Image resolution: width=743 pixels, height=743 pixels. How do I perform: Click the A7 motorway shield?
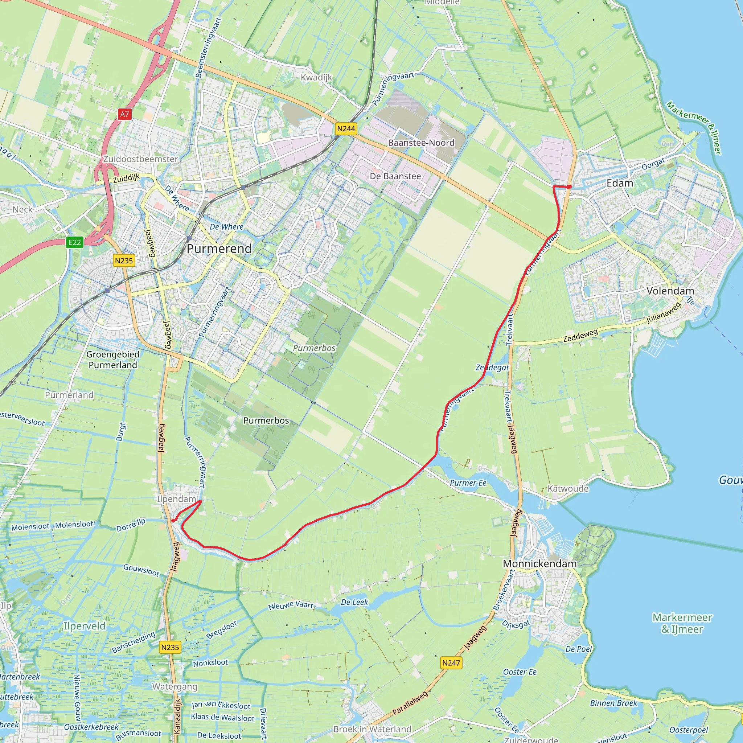124,114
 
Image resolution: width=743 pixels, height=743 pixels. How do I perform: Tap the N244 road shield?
346,128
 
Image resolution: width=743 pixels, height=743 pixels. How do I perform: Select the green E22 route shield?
75,242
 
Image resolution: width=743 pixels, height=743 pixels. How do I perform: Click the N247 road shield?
451,662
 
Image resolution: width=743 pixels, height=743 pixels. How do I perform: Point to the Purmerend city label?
219,249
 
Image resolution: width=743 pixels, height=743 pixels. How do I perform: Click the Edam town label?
620,183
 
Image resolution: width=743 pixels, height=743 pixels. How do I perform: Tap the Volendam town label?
670,291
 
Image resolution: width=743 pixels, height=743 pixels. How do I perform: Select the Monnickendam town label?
539,563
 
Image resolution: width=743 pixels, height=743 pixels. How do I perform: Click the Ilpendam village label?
177,499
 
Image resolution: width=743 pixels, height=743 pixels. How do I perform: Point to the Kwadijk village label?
316,77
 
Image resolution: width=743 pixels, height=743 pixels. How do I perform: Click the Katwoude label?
568,488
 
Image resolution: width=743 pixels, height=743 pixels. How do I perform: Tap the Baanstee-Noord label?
421,143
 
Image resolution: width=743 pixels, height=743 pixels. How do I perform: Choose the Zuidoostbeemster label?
140,159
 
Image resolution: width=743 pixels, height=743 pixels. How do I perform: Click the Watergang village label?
175,686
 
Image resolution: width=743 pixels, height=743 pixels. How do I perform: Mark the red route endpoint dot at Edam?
569,187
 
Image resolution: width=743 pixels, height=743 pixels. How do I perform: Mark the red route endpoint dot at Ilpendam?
173,521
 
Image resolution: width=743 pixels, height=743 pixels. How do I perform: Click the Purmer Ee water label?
468,483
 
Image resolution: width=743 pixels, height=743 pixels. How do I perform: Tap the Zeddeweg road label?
580,336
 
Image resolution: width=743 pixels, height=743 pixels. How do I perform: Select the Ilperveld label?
84,626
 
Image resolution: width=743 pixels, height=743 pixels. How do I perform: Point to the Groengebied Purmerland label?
113,360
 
